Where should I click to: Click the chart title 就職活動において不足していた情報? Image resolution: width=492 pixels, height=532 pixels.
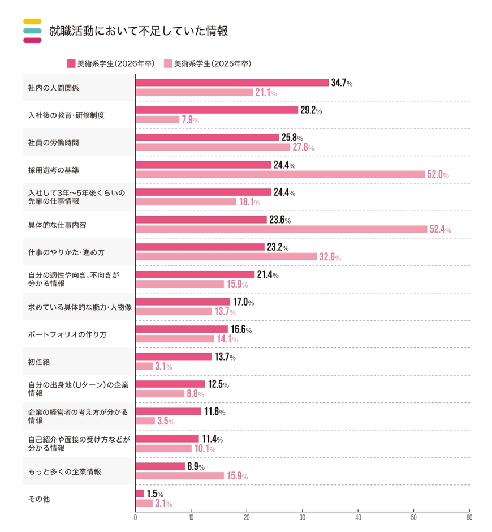138,31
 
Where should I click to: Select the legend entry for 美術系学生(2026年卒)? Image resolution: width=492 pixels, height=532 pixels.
110,63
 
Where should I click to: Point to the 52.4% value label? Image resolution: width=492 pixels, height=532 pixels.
440,229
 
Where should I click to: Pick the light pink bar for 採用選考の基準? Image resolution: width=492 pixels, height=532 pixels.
280,174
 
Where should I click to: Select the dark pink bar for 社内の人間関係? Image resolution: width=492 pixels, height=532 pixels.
232,83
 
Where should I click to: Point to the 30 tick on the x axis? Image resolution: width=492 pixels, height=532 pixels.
303,517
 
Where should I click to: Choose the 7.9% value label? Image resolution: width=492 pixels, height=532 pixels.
190,120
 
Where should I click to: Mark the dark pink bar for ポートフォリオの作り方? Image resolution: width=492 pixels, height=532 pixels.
182,329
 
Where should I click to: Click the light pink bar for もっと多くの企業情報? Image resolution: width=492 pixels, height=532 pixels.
180,476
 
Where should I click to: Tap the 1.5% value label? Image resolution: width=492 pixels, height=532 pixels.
155,494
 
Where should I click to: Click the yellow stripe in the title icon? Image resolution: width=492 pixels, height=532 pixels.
32,22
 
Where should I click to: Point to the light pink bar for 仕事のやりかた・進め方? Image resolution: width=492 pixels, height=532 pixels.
226,256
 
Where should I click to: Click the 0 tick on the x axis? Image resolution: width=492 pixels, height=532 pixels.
136,517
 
